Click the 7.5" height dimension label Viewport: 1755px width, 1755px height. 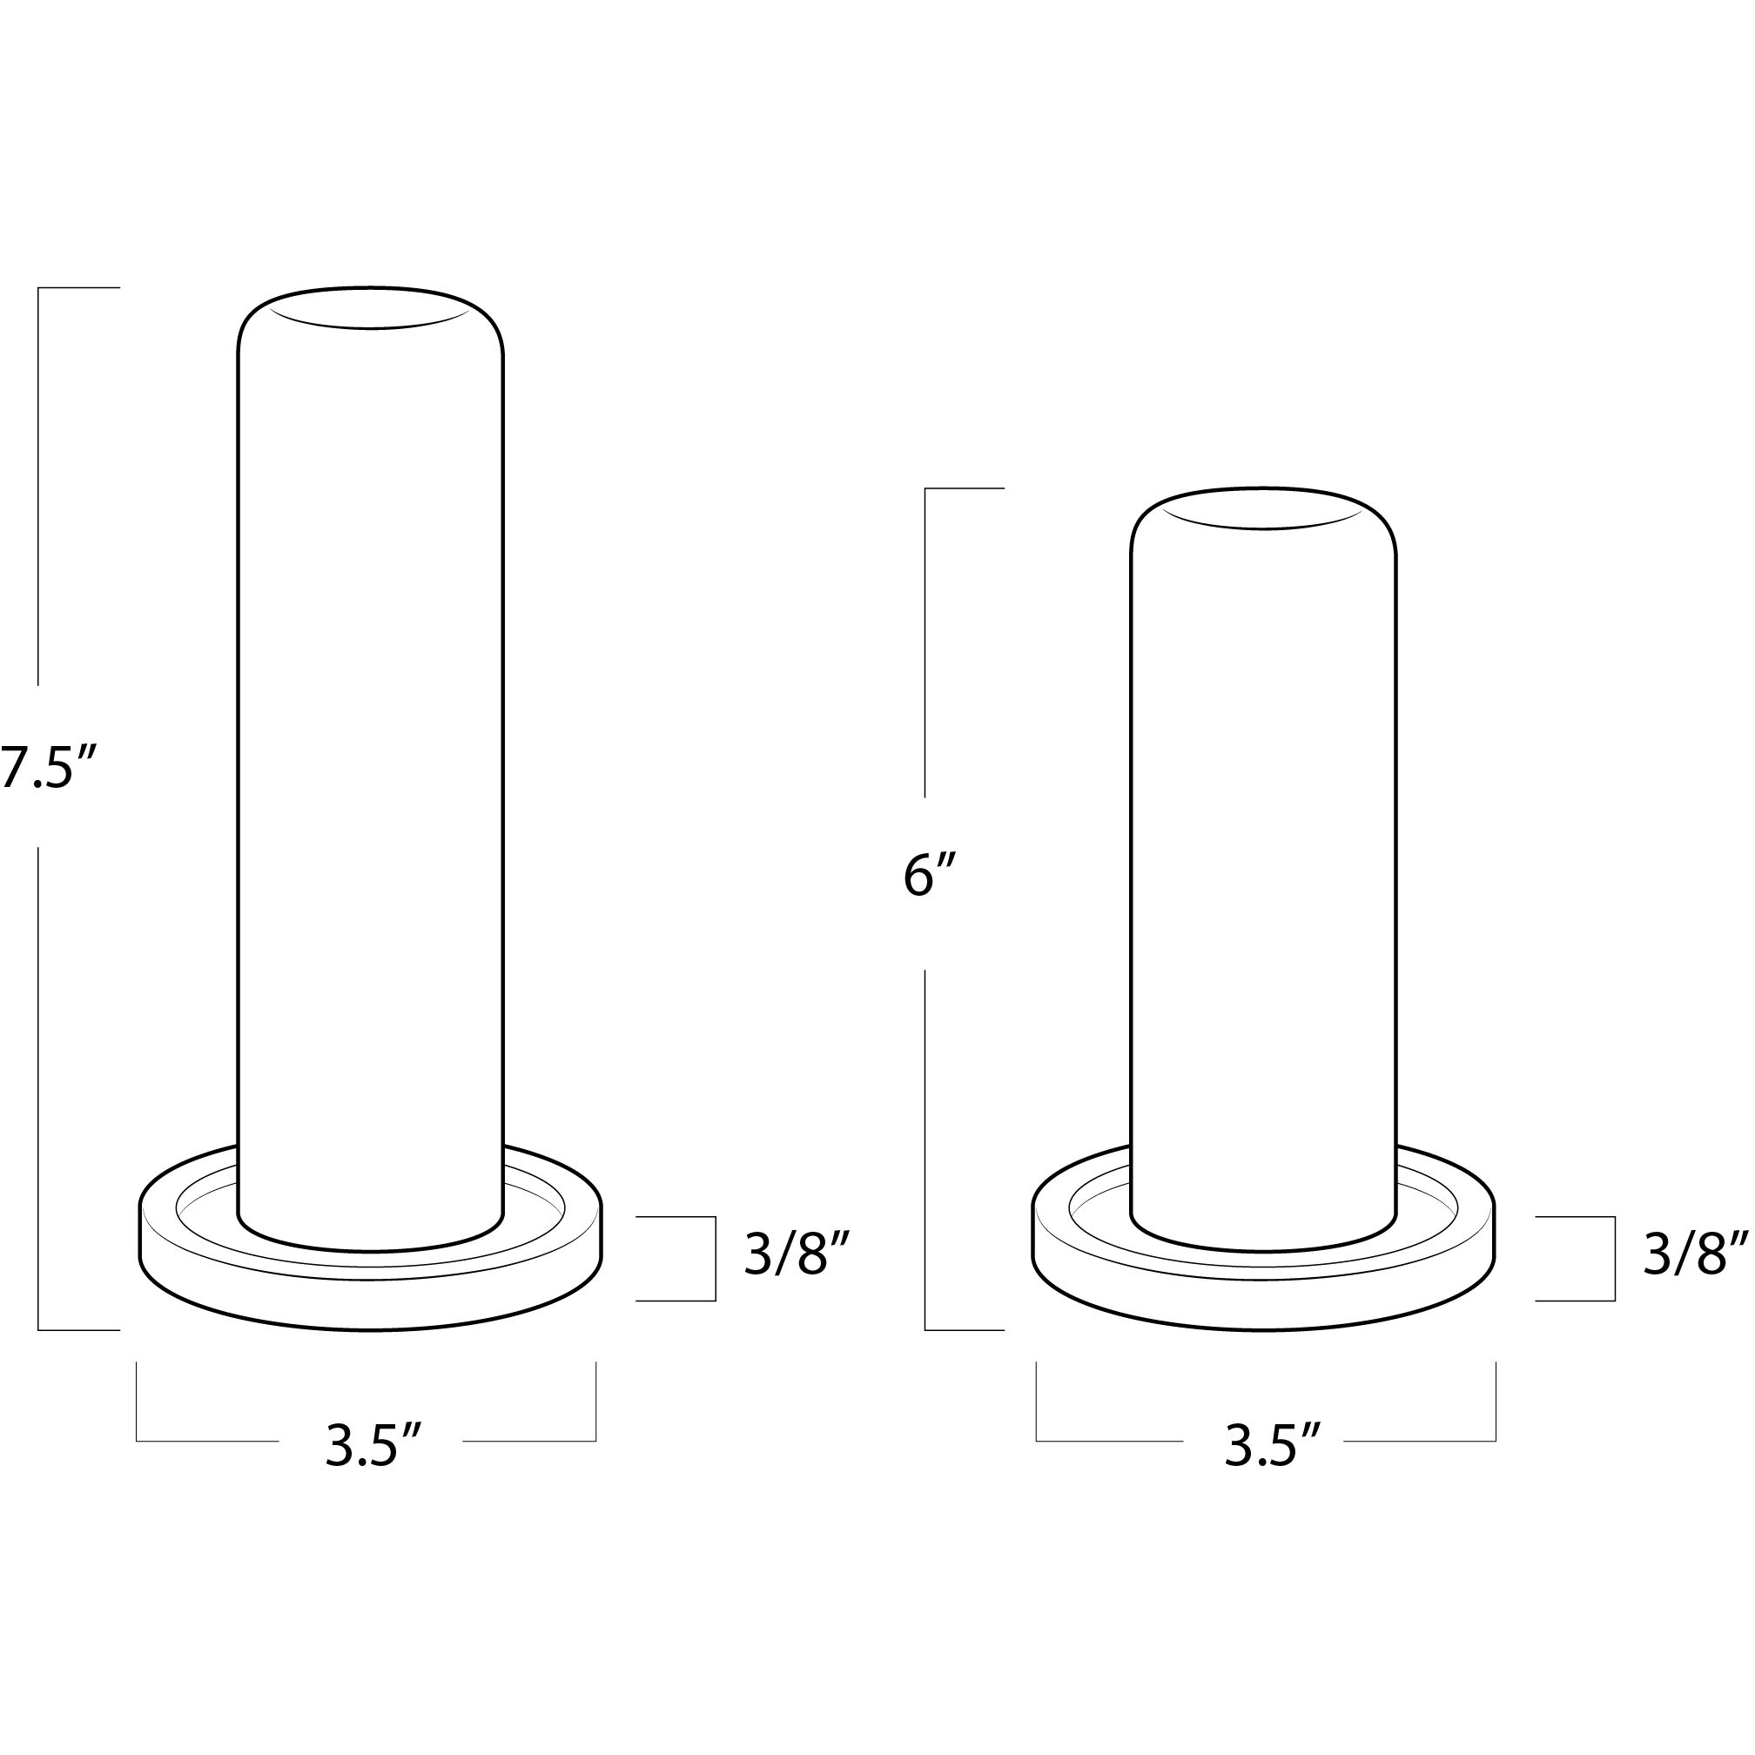click(x=47, y=768)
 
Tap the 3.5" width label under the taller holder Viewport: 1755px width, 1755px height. click(x=373, y=1446)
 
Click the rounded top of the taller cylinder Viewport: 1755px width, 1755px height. click(x=371, y=309)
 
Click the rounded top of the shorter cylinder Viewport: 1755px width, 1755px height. click(x=1263, y=508)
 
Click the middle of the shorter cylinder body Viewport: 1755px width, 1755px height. click(x=1263, y=872)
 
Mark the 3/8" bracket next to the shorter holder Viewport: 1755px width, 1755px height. click(x=1613, y=1258)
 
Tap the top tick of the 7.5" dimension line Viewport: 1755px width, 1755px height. click(x=79, y=288)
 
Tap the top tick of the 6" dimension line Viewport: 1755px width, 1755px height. click(x=965, y=488)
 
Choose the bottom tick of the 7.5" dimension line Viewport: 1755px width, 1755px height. click(x=79, y=1330)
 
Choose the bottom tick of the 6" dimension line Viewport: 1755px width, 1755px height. click(x=965, y=1330)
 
